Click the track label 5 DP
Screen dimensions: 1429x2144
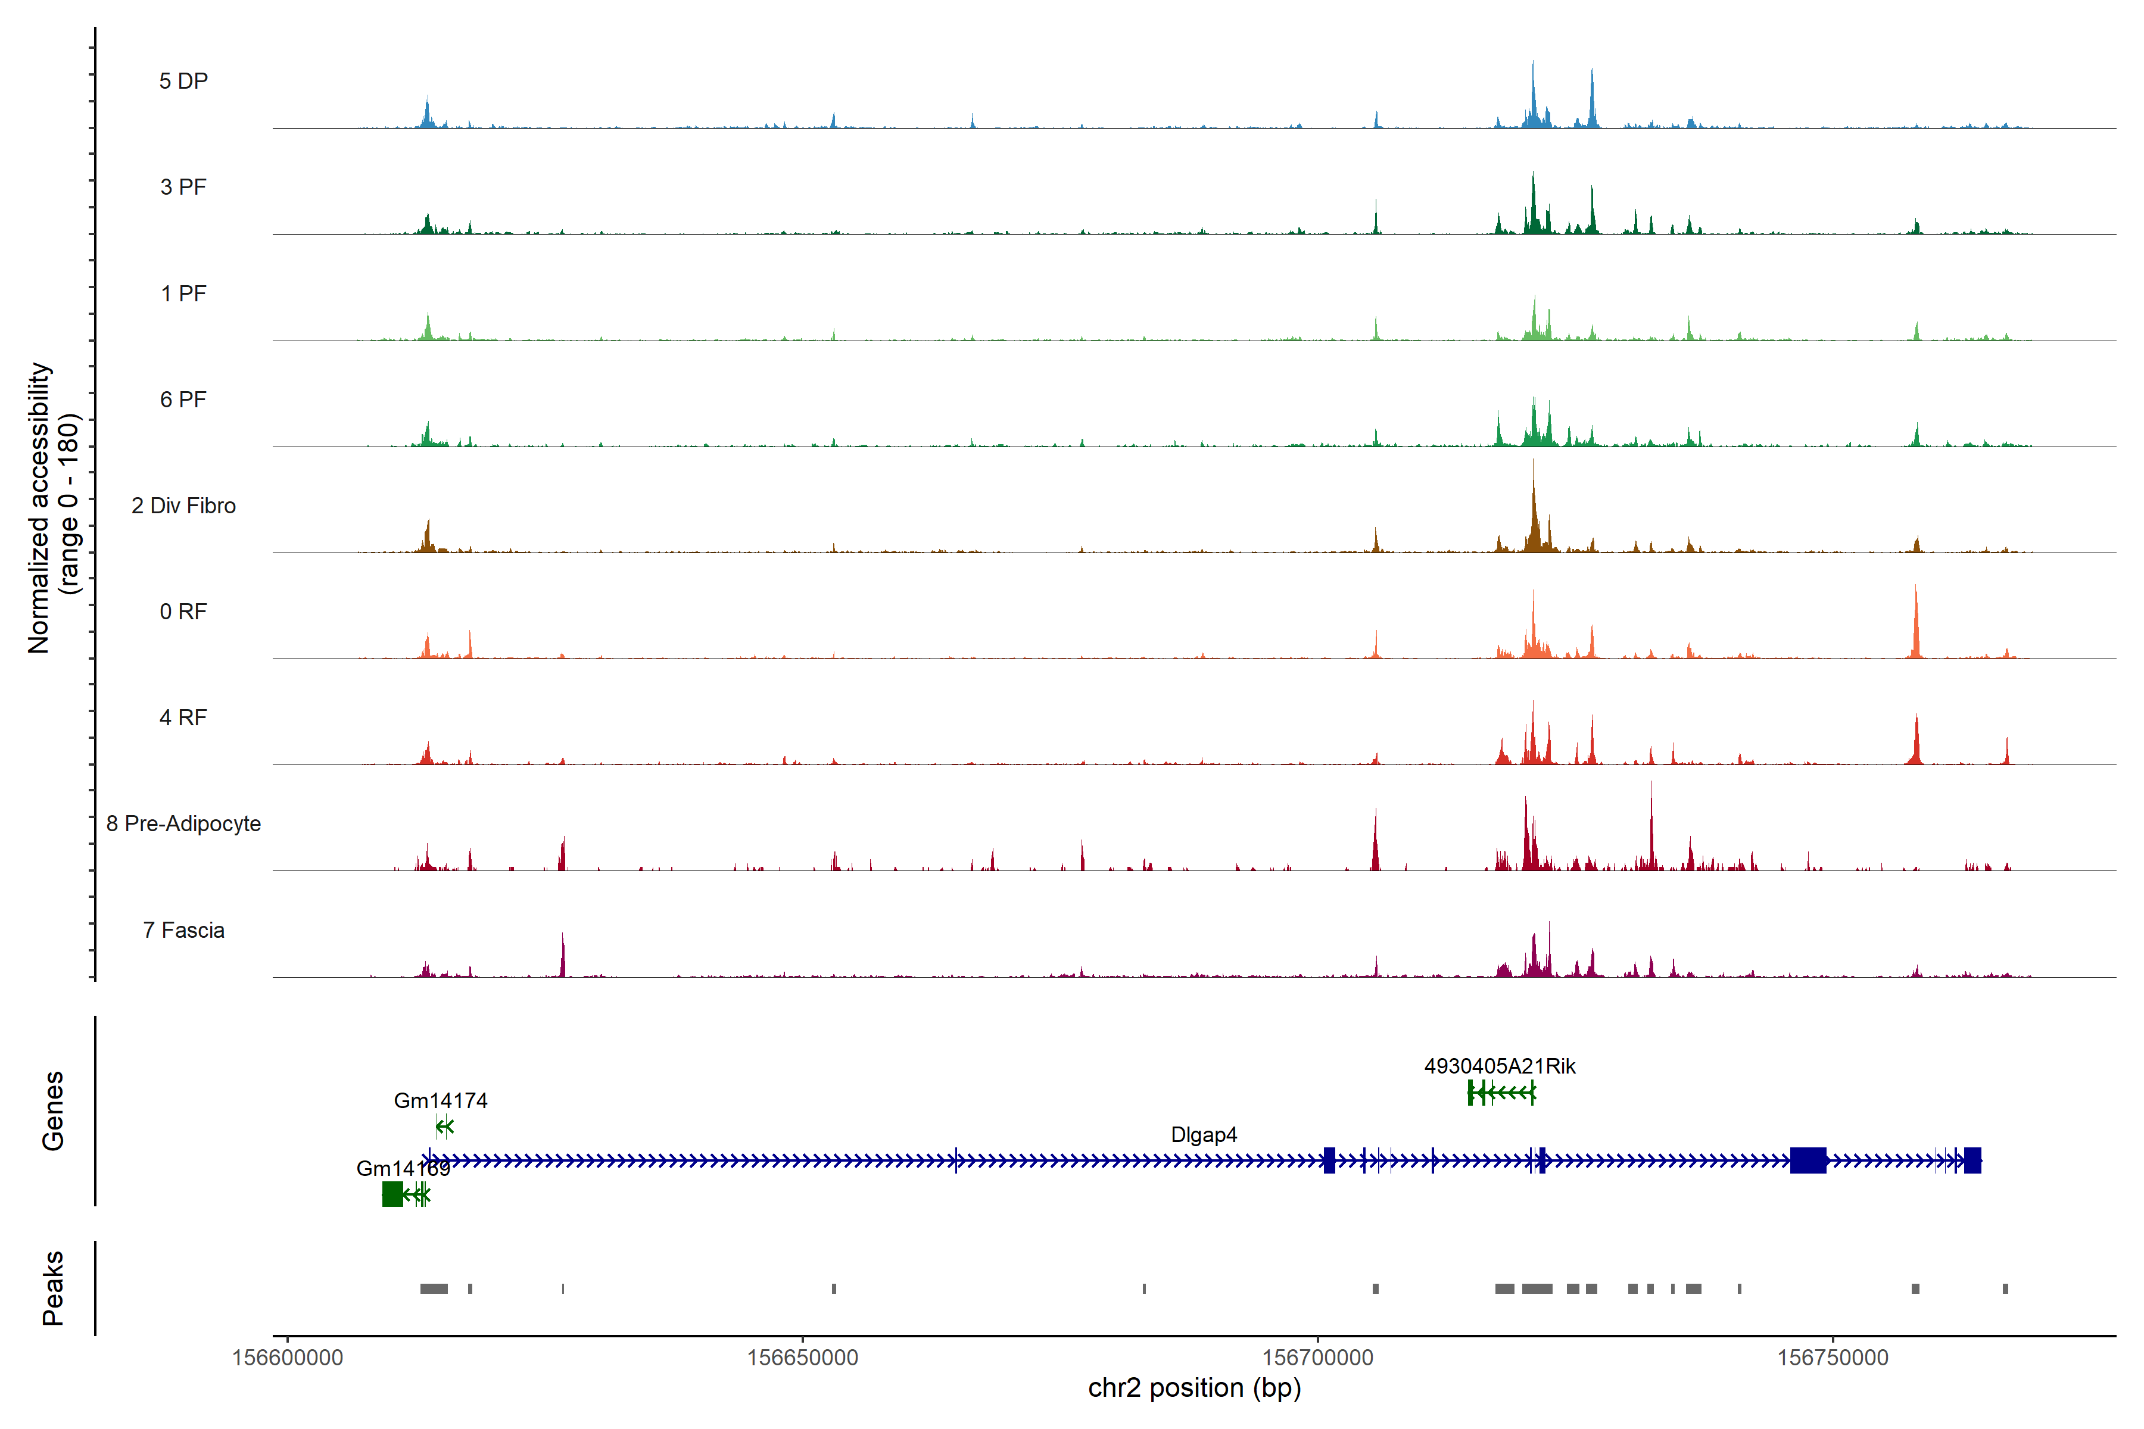(183, 81)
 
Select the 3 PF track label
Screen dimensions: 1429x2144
(183, 187)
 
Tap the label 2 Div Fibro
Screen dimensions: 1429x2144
(183, 506)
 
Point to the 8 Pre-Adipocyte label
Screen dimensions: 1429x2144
(183, 824)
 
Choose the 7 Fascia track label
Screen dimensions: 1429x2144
(183, 931)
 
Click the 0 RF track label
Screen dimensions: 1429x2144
(183, 611)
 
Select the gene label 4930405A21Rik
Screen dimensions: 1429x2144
(1500, 1066)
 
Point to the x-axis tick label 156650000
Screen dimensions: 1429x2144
(802, 1358)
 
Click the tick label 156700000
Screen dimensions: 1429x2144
(1317, 1358)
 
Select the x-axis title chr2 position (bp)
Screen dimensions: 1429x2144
(1194, 1388)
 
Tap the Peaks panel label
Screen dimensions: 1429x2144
(53, 1288)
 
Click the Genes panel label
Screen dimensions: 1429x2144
(53, 1111)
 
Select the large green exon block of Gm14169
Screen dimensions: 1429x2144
(392, 1194)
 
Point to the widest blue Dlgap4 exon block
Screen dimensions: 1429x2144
(1808, 1160)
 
